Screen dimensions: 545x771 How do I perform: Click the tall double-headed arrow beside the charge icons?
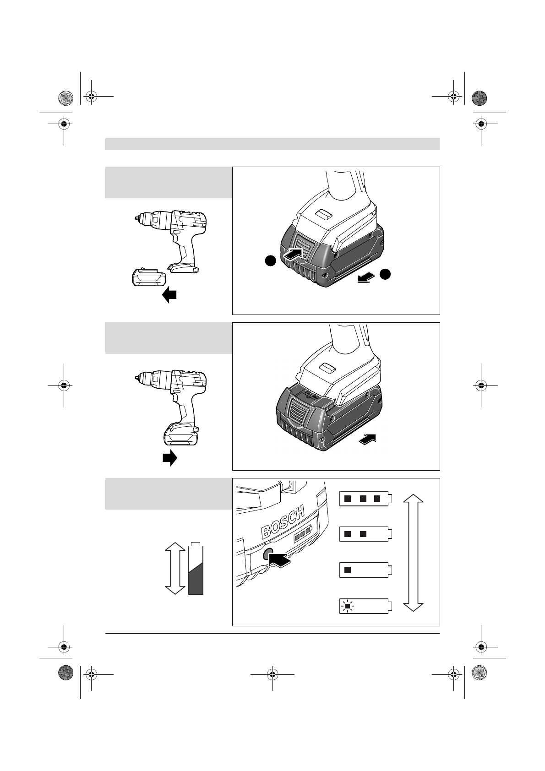[413, 552]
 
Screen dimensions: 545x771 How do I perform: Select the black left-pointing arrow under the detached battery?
[169, 295]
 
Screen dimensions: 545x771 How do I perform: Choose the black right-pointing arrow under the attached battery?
[170, 458]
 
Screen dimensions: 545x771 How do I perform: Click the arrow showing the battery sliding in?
[369, 439]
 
